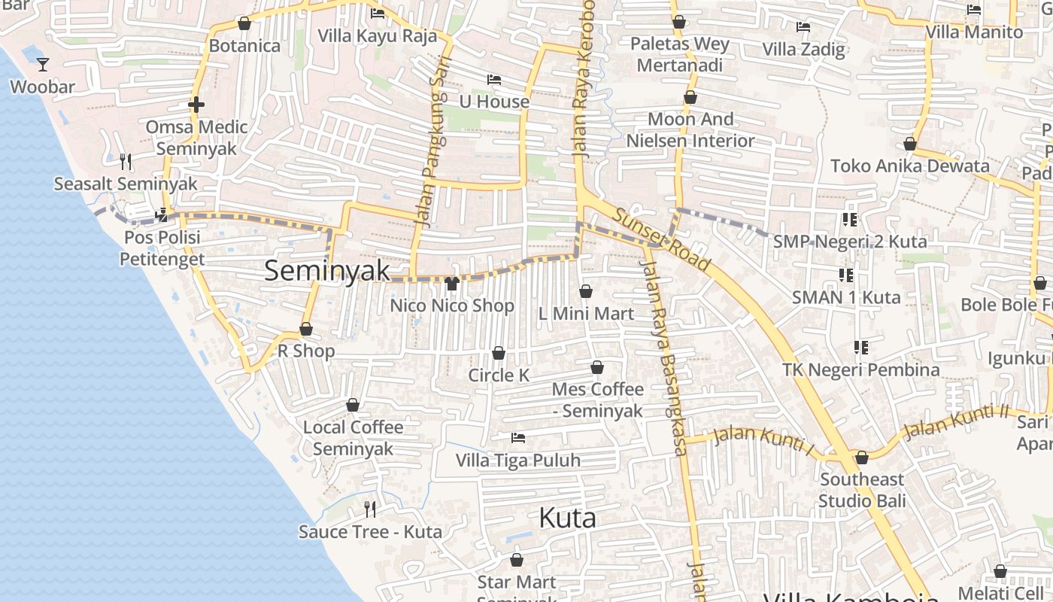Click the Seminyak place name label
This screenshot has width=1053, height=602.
click(327, 271)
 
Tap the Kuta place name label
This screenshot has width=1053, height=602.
click(568, 518)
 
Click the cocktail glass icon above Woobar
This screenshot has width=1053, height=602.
click(43, 64)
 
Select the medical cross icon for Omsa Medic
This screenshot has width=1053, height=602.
click(196, 104)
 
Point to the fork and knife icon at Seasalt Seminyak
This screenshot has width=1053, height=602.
click(126, 161)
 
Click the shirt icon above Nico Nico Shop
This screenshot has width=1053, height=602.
click(451, 283)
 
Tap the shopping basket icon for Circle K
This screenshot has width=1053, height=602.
click(499, 353)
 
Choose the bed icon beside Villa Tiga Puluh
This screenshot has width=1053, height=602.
click(517, 437)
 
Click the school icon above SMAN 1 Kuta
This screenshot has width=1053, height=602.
click(845, 275)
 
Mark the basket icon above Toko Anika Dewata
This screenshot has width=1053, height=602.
click(910, 144)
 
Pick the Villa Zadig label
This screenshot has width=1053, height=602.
click(803, 50)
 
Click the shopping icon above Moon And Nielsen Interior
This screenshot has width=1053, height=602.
click(690, 97)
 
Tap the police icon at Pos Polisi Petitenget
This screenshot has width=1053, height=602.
click(161, 215)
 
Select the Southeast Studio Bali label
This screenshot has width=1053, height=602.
click(862, 490)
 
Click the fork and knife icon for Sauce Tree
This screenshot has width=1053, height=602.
click(370, 509)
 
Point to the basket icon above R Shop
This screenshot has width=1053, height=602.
click(306, 329)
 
